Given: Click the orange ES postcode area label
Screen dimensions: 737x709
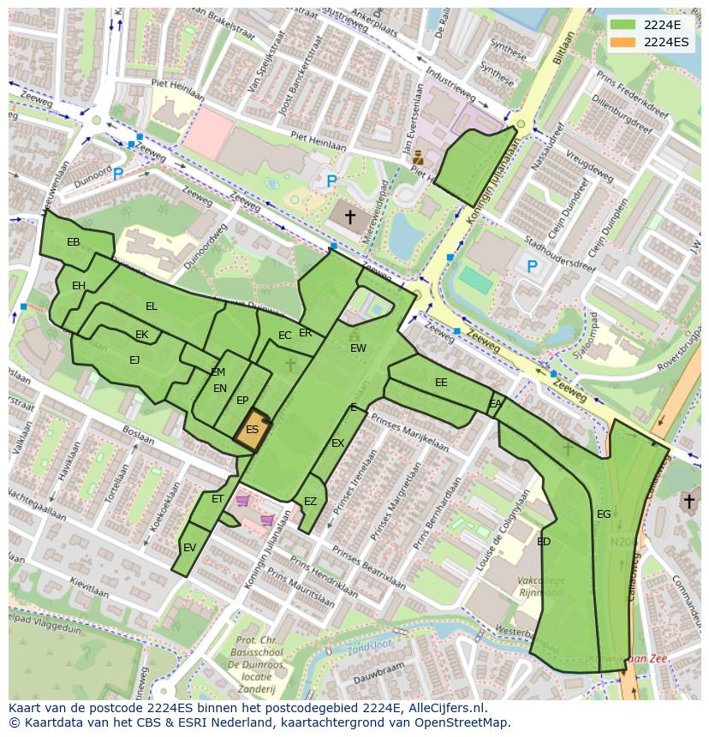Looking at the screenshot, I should pyautogui.click(x=252, y=430).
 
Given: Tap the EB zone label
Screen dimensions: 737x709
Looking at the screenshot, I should pyautogui.click(x=74, y=242).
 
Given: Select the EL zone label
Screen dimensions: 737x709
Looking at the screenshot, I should pyautogui.click(x=152, y=306).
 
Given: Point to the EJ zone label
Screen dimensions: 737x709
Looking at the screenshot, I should pyautogui.click(x=134, y=360).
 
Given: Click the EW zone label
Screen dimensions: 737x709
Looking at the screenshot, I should pyautogui.click(x=358, y=348).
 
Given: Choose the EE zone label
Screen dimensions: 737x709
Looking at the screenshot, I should pyautogui.click(x=441, y=383).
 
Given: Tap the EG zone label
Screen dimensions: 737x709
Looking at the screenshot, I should pyautogui.click(x=604, y=514).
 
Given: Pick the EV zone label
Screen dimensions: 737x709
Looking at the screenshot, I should pyautogui.click(x=189, y=548).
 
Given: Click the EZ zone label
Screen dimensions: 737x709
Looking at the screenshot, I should pyautogui.click(x=310, y=502).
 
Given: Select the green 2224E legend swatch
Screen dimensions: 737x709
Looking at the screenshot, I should pyautogui.click(x=623, y=25).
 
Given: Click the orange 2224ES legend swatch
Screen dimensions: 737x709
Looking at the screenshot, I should pyautogui.click(x=623, y=41).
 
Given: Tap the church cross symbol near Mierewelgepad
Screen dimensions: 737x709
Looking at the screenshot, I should pyautogui.click(x=349, y=217).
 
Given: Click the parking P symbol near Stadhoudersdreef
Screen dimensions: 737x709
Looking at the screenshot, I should pyautogui.click(x=532, y=267).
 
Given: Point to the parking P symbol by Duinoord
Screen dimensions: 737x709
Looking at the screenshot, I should pyautogui.click(x=118, y=174).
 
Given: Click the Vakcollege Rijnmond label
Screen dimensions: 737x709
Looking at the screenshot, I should pyautogui.click(x=539, y=586).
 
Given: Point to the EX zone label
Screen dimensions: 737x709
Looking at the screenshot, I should pyautogui.click(x=337, y=443).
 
